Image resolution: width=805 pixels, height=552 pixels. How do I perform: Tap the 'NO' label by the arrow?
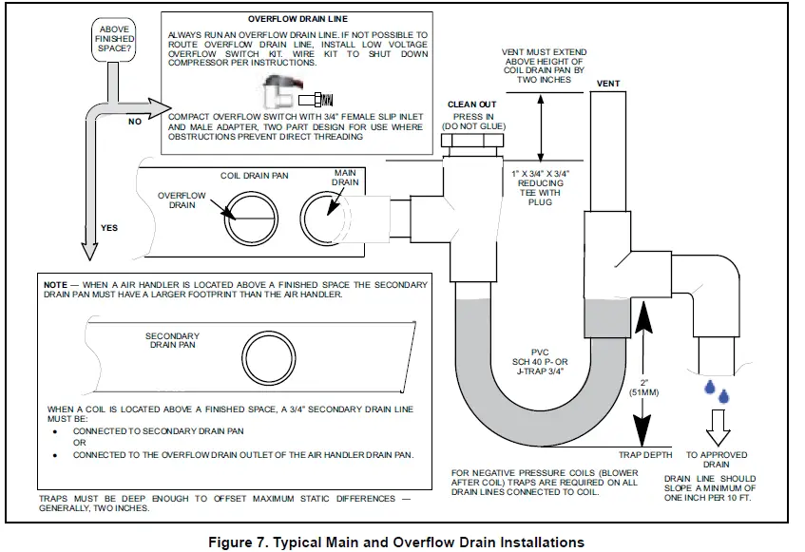pos(134,122)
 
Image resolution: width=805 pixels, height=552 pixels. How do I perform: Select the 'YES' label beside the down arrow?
pos(108,228)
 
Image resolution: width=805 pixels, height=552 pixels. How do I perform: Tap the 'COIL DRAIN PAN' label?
pos(255,176)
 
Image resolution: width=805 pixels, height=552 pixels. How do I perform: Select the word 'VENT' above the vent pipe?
pos(608,84)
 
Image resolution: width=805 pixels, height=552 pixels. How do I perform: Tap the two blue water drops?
pos(715,390)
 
